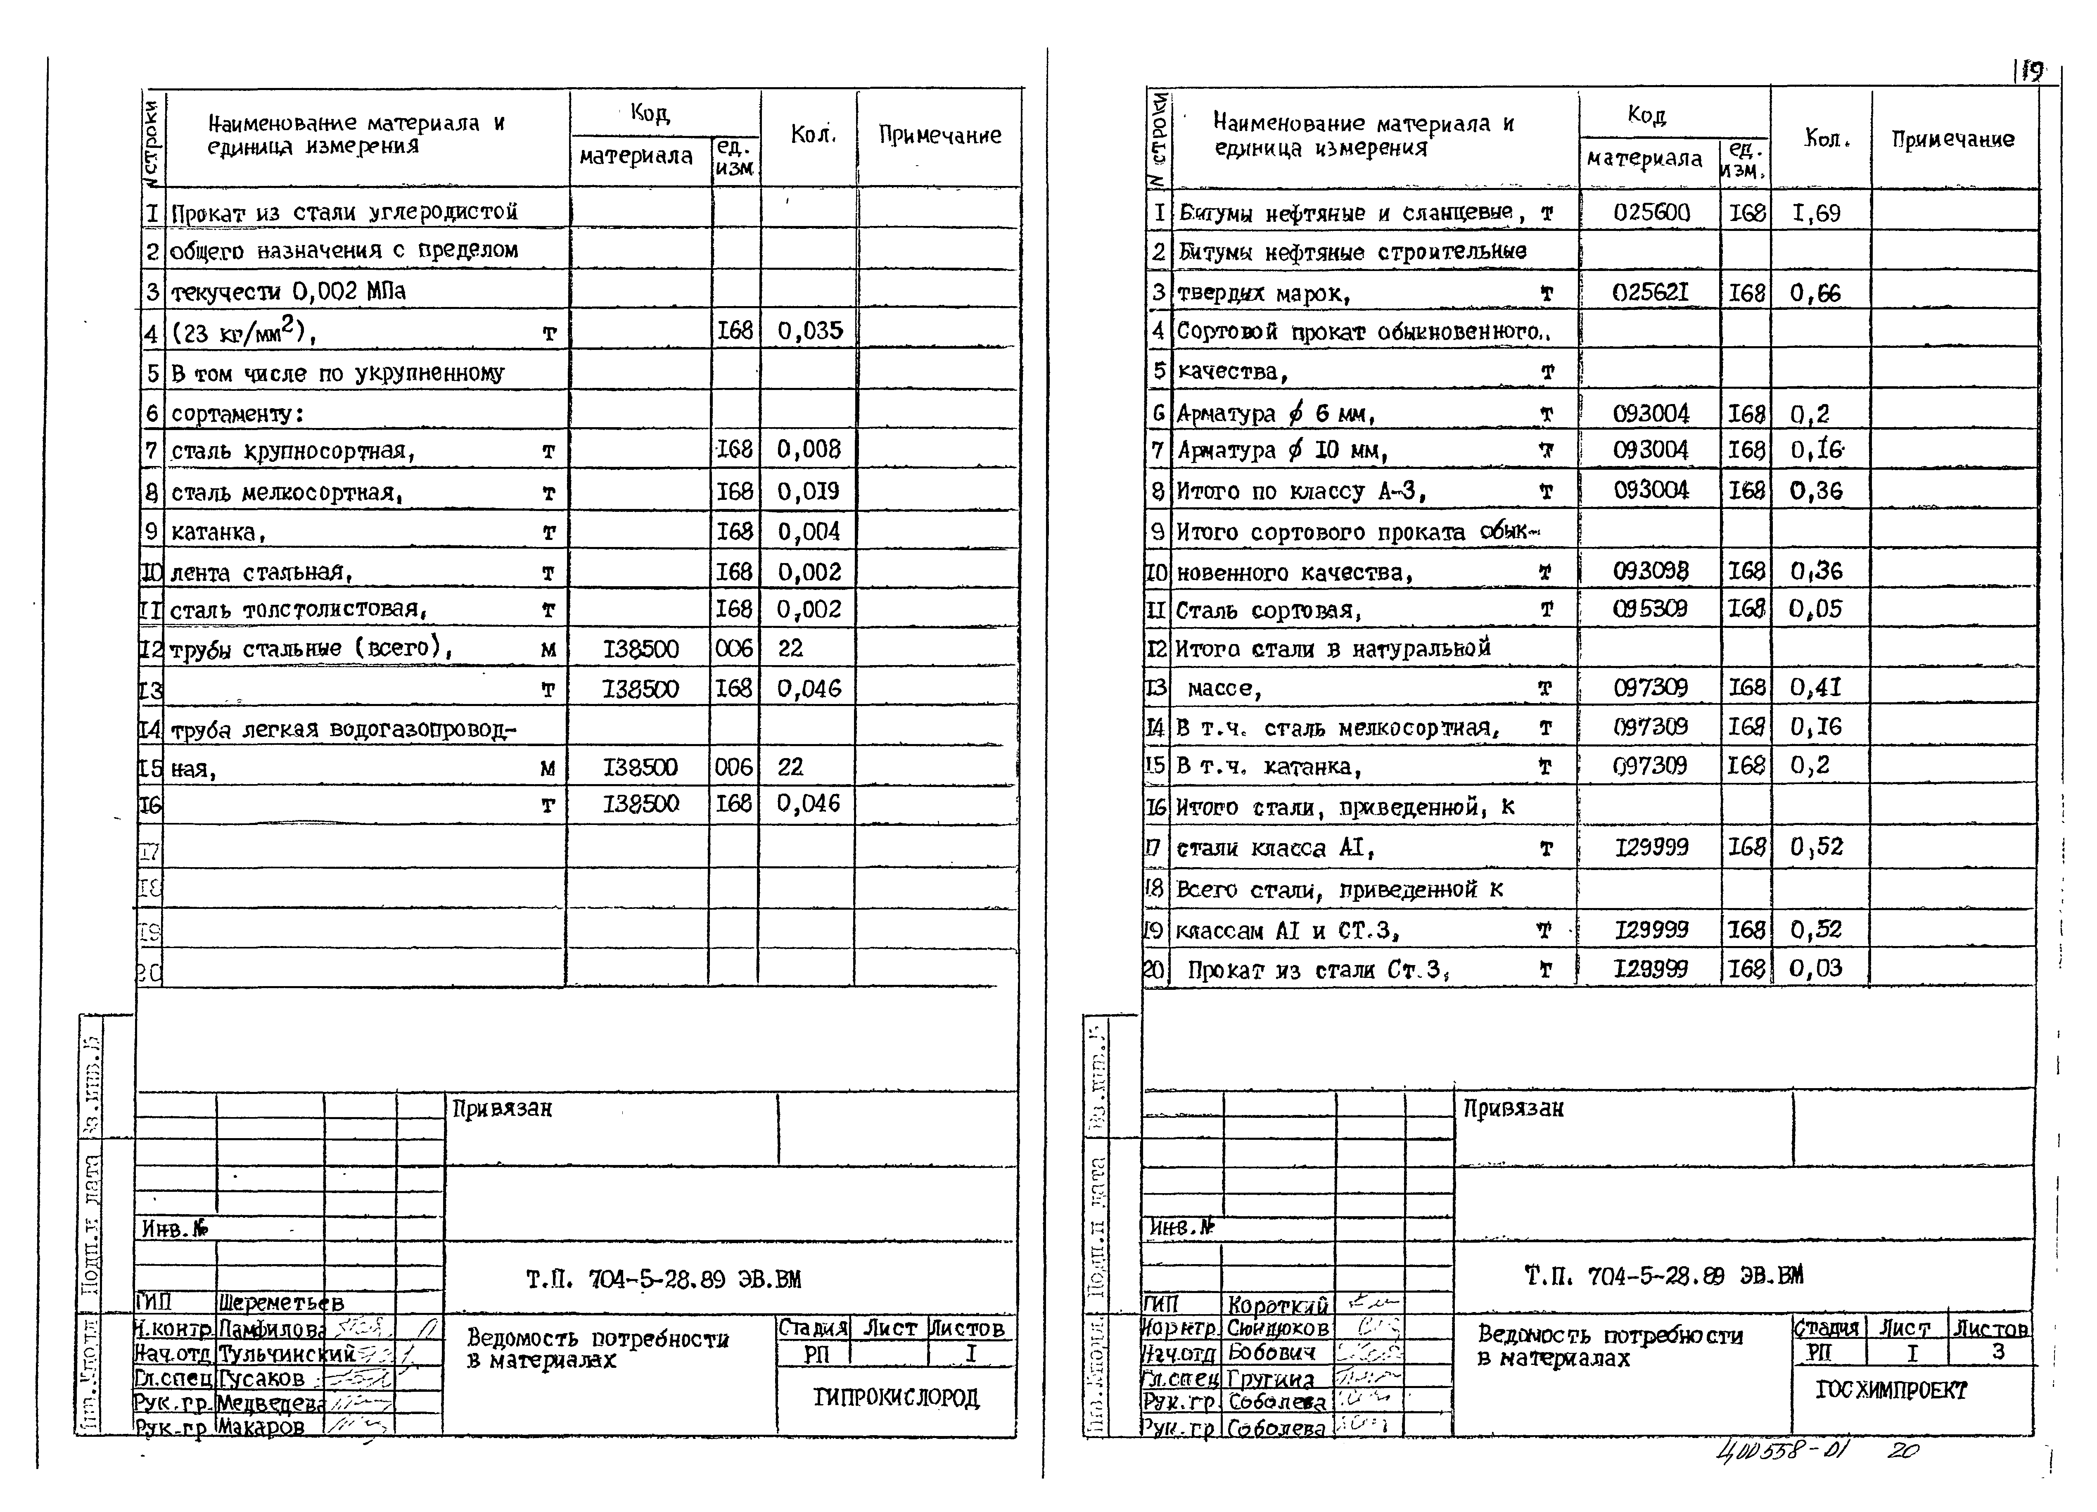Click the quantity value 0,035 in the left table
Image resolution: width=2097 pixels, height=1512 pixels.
tap(810, 331)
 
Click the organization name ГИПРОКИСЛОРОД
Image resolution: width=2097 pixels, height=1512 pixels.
tap(896, 1397)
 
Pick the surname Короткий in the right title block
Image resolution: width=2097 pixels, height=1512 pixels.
tap(1278, 1304)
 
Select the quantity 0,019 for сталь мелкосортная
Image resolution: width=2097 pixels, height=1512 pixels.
tap(808, 491)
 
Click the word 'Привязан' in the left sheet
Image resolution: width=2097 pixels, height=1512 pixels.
tap(502, 1108)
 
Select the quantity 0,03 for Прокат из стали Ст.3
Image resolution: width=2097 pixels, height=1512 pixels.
tap(1816, 968)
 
